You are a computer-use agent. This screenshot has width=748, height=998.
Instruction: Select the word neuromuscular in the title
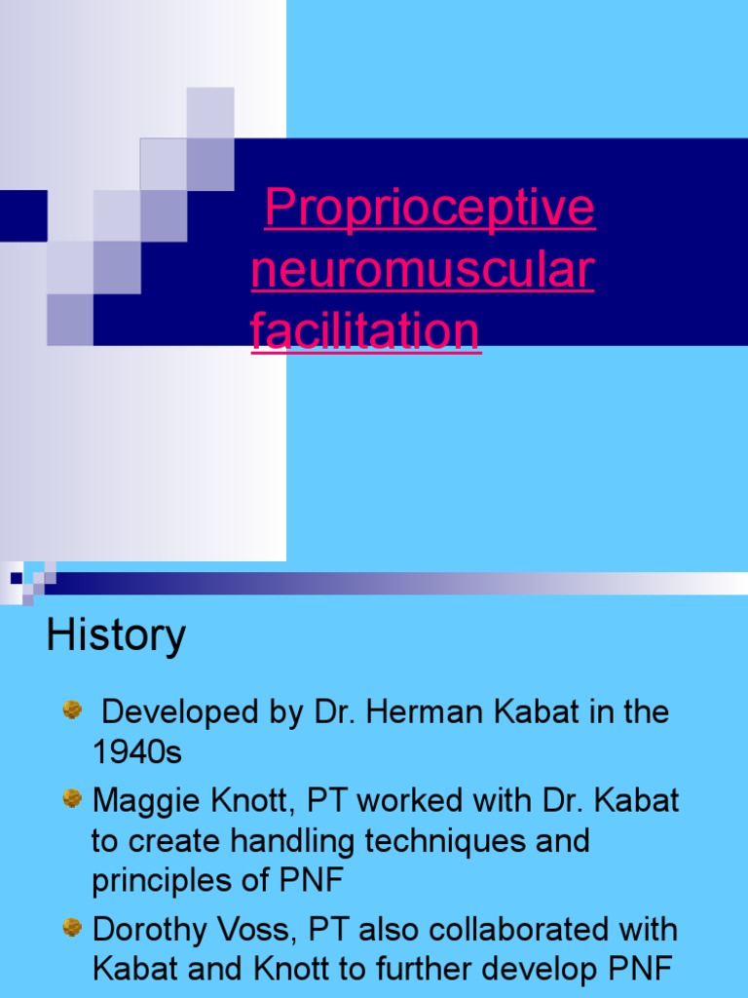coord(422,270)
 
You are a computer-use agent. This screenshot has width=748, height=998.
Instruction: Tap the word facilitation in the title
coord(365,330)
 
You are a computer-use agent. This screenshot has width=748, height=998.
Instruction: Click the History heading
coord(116,636)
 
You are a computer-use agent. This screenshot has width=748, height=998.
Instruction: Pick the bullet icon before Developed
coord(72,710)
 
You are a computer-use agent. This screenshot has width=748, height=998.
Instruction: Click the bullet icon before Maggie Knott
coord(72,800)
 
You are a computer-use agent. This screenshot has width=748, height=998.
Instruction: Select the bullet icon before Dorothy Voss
coord(72,928)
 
